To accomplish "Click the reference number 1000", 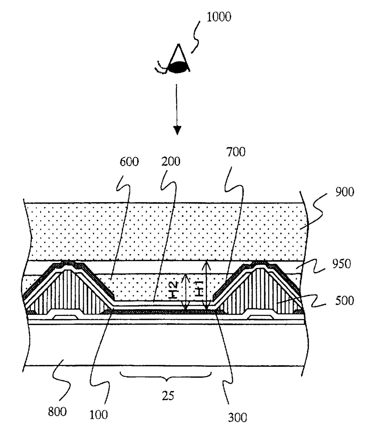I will [219, 17].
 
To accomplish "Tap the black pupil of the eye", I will [179, 68].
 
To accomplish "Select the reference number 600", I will [129, 162].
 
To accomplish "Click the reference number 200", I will [171, 162].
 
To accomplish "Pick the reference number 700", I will [236, 152].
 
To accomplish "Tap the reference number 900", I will [344, 192].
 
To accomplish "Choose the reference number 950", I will [341, 264].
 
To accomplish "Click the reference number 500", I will [344, 300].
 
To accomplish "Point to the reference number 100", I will [98, 415].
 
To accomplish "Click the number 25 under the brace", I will [168, 396].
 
